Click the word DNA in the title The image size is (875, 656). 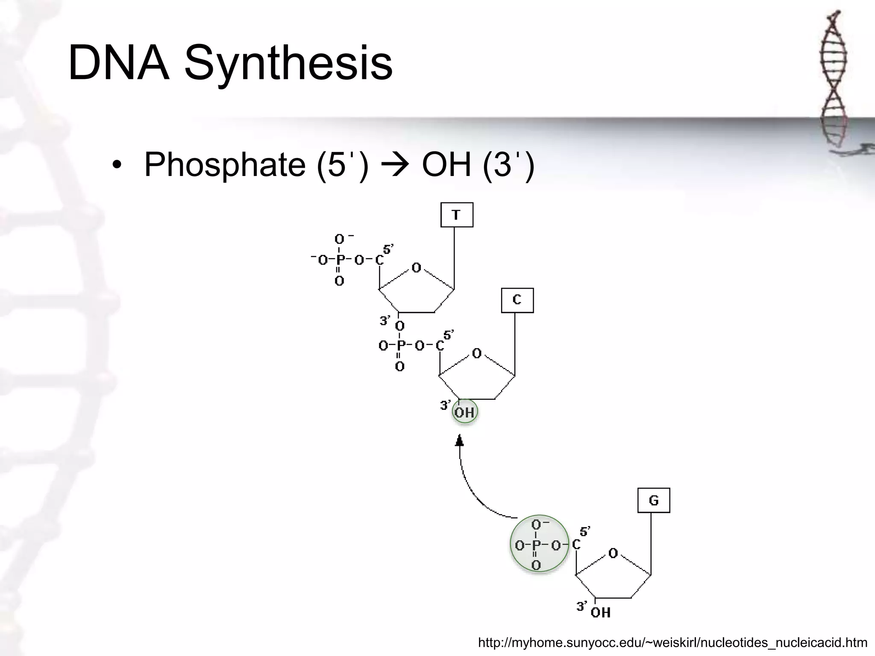point(119,63)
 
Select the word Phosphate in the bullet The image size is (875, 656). point(225,165)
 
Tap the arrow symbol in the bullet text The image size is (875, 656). point(395,165)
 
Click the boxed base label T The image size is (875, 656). point(456,215)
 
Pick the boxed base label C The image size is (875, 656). point(517,300)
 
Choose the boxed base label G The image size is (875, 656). point(653,500)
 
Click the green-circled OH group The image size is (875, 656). point(464,412)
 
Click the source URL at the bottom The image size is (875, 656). point(672,642)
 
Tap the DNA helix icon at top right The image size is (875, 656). point(834,81)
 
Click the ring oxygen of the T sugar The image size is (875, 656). point(416,268)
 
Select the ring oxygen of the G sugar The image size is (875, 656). point(613,553)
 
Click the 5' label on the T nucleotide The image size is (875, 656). point(388,249)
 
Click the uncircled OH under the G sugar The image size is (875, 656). point(600,613)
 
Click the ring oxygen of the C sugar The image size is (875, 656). point(477,354)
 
